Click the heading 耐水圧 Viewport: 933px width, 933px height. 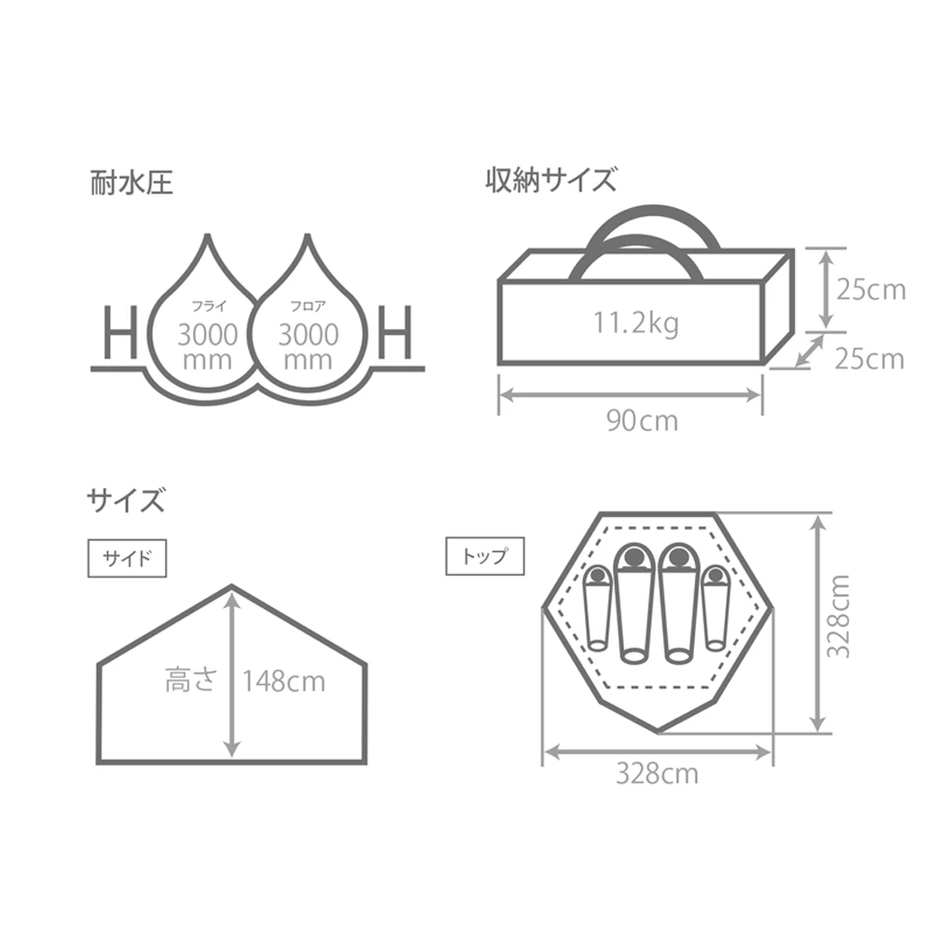pyautogui.click(x=131, y=180)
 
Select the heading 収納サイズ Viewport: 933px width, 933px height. pyautogui.click(x=550, y=180)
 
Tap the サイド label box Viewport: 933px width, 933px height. pyautogui.click(x=126, y=559)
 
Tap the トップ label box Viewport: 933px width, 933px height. pyautogui.click(x=484, y=557)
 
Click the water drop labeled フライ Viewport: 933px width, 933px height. pyautogui.click(x=207, y=327)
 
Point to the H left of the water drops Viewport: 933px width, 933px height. pyautogui.click(x=119, y=334)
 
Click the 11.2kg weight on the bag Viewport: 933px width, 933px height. pyautogui.click(x=635, y=324)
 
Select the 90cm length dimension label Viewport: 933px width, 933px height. pyautogui.click(x=642, y=421)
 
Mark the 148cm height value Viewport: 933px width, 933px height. pyautogui.click(x=284, y=681)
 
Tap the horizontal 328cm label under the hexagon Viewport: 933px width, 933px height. pyautogui.click(x=656, y=773)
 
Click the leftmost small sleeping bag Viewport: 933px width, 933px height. pyautogui.click(x=594, y=608)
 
